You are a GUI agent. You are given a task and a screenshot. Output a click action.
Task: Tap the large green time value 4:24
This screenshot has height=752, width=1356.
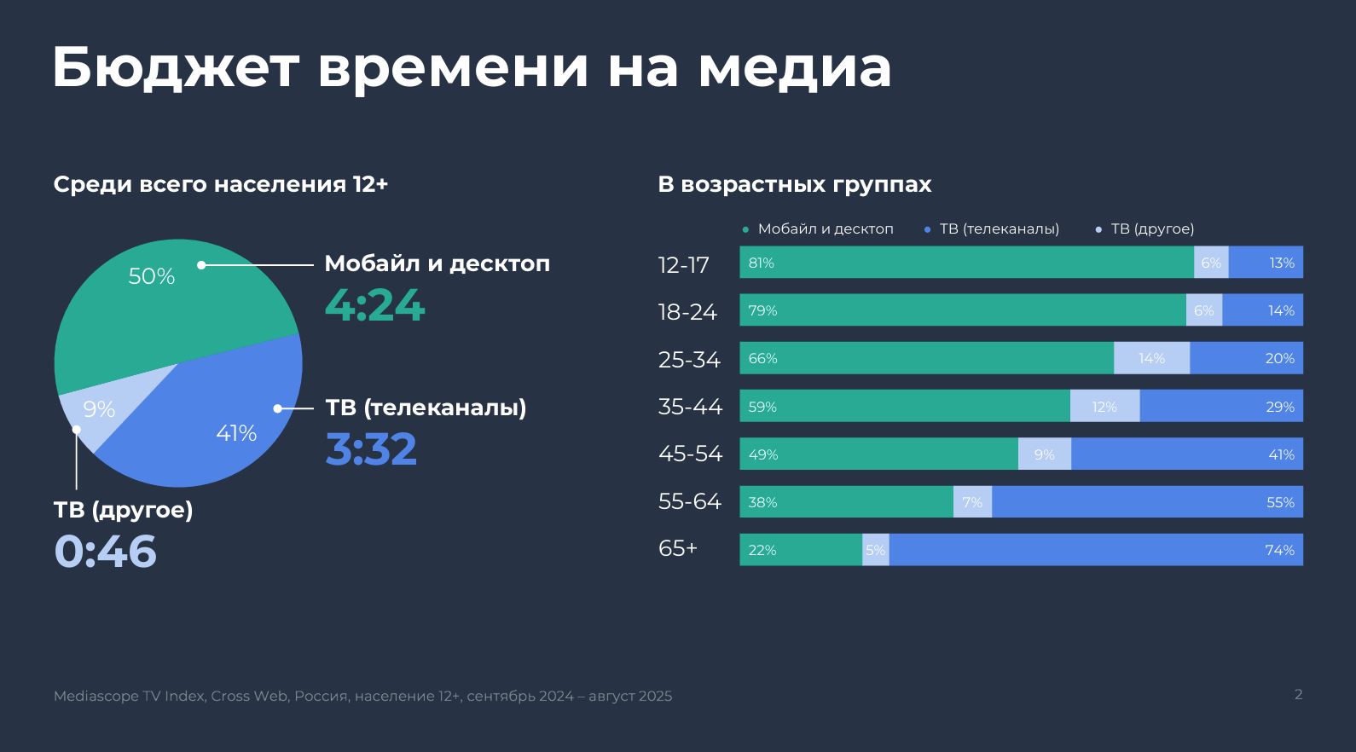(x=375, y=305)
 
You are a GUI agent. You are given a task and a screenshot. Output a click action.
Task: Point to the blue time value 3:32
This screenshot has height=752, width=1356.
(x=371, y=448)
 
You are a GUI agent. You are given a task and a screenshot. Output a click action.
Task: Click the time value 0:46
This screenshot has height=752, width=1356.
(x=106, y=551)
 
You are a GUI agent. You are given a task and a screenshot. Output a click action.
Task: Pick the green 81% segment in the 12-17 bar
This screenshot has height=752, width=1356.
(x=967, y=262)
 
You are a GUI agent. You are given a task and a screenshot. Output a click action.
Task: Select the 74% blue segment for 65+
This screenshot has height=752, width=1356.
(x=1096, y=549)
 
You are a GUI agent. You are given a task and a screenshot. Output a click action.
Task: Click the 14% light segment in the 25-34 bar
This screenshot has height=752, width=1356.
(x=1152, y=357)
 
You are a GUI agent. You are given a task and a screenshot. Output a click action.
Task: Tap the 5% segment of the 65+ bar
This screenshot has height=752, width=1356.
(x=876, y=549)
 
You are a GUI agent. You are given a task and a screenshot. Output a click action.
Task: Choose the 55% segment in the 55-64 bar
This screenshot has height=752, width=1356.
(x=1148, y=501)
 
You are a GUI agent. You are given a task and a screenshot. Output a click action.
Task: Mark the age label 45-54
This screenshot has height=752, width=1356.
(x=690, y=453)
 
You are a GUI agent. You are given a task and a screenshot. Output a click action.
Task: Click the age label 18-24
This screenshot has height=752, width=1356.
(x=687, y=311)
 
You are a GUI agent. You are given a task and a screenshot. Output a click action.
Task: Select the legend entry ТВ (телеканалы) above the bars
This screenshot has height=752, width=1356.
(x=999, y=228)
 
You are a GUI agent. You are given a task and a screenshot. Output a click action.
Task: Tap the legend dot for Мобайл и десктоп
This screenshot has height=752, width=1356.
(x=745, y=229)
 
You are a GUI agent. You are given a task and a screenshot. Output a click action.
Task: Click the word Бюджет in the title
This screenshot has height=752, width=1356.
(x=176, y=67)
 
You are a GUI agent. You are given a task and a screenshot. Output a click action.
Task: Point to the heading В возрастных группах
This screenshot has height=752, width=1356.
(x=795, y=184)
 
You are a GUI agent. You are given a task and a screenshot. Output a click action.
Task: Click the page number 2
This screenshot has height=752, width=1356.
(x=1299, y=695)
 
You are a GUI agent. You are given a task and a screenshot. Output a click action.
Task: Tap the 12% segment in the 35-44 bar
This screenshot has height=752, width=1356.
(x=1104, y=406)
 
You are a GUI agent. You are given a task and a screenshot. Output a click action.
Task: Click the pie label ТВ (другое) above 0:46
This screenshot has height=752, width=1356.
(x=124, y=510)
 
